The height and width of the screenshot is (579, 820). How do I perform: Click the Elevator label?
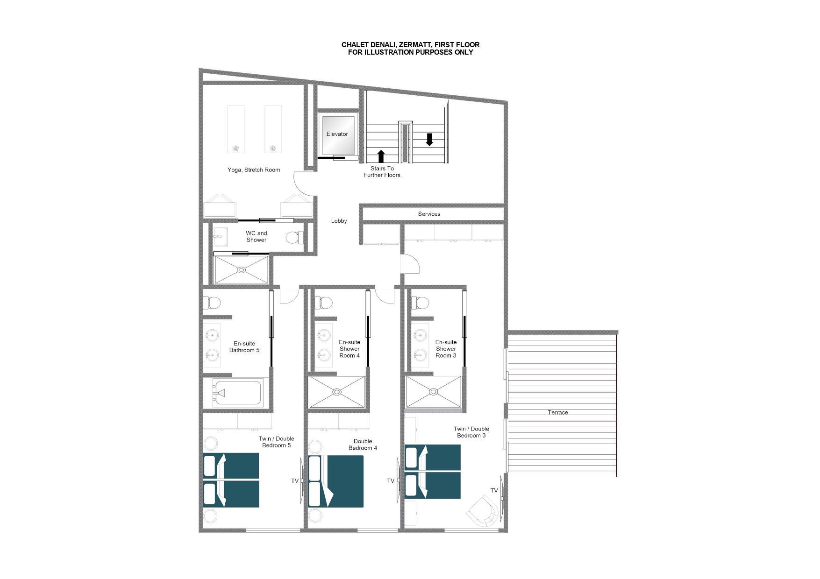[337, 134]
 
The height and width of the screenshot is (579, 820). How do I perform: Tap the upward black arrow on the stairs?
[381, 156]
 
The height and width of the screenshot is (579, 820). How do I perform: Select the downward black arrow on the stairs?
[429, 139]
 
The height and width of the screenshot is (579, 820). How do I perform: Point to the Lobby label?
[339, 221]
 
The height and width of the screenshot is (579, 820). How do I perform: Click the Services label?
[429, 214]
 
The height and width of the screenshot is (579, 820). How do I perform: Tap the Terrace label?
[558, 412]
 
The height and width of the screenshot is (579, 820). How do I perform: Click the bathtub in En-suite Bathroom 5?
[237, 393]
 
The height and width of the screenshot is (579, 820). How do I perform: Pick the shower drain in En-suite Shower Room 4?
[336, 392]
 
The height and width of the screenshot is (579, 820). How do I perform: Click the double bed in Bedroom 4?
[336, 481]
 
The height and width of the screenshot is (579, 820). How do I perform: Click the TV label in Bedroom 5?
[294, 481]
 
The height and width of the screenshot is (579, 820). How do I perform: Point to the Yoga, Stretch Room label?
[254, 170]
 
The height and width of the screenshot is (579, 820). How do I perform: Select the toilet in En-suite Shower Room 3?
[420, 303]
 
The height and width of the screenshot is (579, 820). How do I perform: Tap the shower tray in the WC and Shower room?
[242, 269]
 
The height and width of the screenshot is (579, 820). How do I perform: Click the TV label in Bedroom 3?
[494, 490]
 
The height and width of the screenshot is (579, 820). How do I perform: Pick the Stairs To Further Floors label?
[382, 172]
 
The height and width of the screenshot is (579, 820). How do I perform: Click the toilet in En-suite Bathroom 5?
[212, 303]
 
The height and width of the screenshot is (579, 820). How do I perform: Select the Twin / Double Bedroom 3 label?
[471, 432]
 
